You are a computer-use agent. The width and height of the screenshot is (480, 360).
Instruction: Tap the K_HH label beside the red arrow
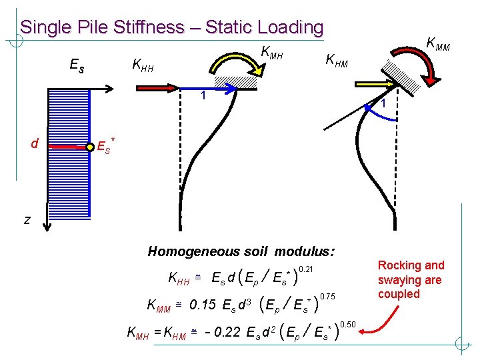pos(143,65)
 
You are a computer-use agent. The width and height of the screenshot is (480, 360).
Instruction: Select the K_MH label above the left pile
pos(272,51)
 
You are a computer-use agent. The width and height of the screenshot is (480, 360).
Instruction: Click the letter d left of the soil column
pos(34,143)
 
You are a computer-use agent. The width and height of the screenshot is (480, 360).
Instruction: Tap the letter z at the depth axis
pos(27,220)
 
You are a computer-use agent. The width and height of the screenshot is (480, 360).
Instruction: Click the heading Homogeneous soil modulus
pos(241,251)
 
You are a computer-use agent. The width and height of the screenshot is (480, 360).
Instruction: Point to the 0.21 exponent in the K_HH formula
pos(305,268)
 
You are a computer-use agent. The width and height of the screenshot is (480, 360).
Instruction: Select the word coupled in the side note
pos(399,294)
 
